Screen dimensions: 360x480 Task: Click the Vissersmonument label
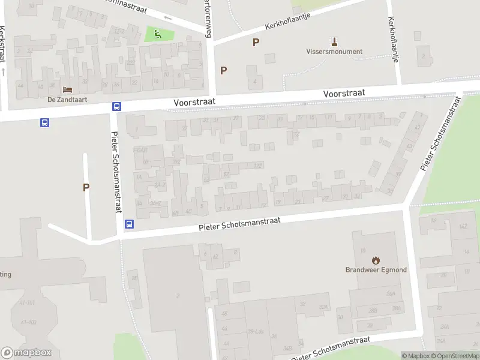tap(334, 52)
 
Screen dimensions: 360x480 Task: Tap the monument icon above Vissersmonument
tap(334, 41)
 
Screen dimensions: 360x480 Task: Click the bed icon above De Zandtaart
tap(67, 90)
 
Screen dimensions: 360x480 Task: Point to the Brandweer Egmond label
tap(376, 270)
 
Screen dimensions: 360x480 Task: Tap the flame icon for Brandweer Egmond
tap(376, 260)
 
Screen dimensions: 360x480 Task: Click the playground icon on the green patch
tap(158, 34)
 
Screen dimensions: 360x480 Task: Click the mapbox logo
tap(26, 353)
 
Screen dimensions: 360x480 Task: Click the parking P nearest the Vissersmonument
tap(256, 42)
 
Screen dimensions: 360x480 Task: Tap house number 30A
tap(391, 294)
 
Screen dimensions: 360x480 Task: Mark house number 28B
tap(373, 310)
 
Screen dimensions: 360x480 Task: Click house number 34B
tap(287, 348)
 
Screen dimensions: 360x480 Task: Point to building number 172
tap(258, 166)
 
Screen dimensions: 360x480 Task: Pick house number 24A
tap(445, 327)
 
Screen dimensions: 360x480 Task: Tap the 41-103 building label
tap(28, 322)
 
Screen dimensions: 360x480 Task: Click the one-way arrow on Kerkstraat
tap(4, 71)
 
